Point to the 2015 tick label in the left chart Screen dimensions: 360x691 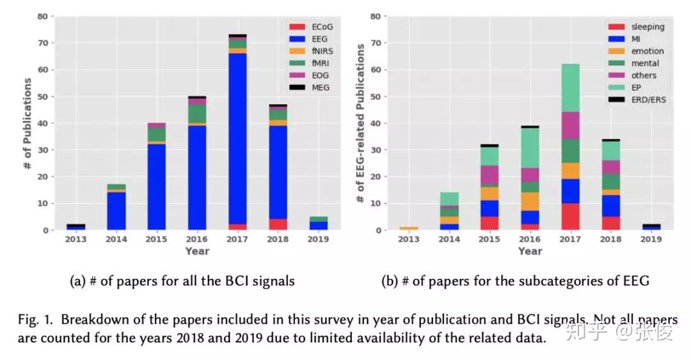(156, 239)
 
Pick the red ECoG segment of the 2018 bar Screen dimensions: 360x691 (278, 224)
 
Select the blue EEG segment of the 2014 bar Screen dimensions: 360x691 (116, 210)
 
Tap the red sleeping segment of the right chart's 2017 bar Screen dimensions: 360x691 (571, 217)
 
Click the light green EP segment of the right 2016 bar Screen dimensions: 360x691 (530, 148)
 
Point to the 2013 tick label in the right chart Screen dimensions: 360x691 (408, 239)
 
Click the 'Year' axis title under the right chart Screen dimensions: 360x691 (530, 251)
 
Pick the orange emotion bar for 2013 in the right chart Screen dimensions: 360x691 (409, 228)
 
